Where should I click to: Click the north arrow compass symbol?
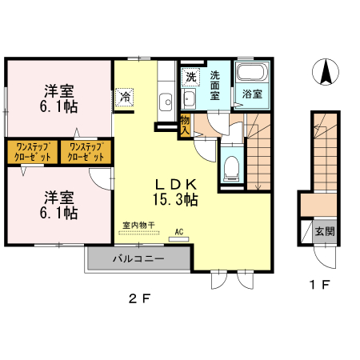tap(326, 72)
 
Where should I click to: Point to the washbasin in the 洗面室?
tap(189, 98)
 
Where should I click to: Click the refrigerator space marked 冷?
tap(125, 98)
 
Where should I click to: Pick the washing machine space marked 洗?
tap(190, 77)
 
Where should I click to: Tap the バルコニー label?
tap(138, 258)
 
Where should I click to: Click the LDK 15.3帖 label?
tap(175, 192)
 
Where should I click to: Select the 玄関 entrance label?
tap(325, 231)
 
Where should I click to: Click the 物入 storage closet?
tap(185, 126)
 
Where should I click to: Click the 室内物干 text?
tap(138, 226)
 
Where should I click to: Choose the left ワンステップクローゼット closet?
tap(32, 152)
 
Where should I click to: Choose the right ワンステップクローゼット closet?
tap(86, 152)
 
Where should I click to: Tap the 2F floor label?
tap(140, 298)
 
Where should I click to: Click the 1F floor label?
tap(320, 285)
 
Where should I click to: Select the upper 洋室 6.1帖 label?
tap(59, 98)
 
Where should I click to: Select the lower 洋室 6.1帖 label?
tap(59, 205)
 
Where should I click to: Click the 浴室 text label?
tap(252, 94)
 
